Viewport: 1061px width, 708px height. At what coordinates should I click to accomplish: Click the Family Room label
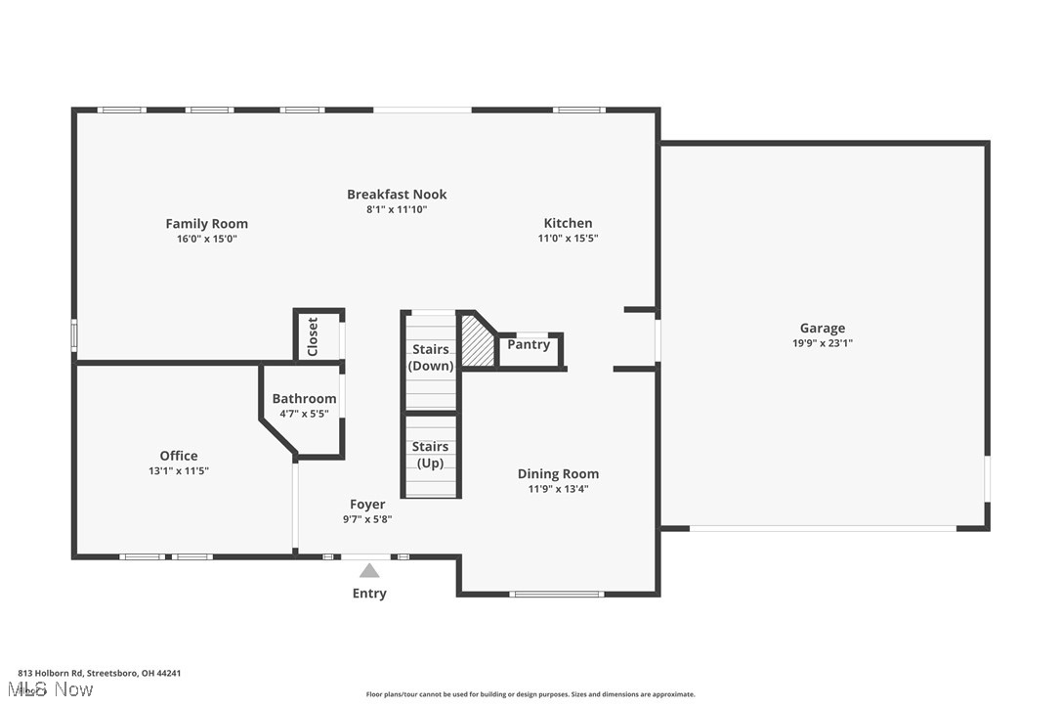tap(206, 224)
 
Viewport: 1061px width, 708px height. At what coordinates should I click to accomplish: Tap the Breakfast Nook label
tap(397, 195)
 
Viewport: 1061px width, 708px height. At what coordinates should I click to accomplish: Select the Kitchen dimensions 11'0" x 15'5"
tap(568, 238)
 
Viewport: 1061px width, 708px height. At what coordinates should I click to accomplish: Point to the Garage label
tap(823, 329)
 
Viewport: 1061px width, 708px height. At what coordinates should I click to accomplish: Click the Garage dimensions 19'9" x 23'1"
tap(823, 343)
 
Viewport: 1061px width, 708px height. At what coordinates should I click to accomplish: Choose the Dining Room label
tap(558, 474)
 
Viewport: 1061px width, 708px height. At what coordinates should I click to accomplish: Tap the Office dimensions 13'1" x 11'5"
tap(179, 471)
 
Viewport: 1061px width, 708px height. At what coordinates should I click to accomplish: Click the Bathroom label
tap(304, 398)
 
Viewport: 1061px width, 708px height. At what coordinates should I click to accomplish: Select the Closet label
tap(313, 336)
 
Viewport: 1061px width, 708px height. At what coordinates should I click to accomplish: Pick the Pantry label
tap(529, 345)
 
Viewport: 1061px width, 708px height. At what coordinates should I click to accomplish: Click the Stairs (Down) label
tap(430, 357)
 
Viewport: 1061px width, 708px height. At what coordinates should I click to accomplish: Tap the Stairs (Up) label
tap(430, 455)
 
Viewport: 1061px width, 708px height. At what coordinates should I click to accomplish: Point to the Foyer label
tap(367, 504)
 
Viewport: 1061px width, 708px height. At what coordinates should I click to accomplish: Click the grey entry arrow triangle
tap(368, 570)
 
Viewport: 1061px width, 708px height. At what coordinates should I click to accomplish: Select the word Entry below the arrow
tap(369, 594)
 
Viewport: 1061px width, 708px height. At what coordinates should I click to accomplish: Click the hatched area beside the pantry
tap(477, 342)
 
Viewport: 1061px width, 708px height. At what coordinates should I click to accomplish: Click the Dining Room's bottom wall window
tap(556, 595)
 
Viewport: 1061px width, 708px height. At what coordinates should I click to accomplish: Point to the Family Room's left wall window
tap(74, 335)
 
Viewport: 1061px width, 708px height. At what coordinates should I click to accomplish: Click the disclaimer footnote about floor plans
tap(530, 694)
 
